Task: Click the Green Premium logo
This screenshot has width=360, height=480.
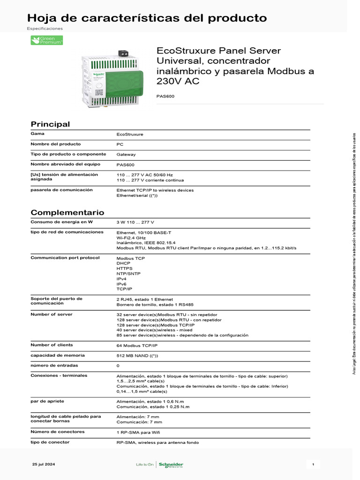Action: tap(46, 40)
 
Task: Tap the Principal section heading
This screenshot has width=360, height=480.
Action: tap(50, 124)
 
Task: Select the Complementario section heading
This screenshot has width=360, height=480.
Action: tap(67, 212)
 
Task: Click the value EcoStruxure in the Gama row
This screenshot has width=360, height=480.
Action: tap(130, 135)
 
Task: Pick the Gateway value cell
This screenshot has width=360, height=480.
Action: tap(126, 154)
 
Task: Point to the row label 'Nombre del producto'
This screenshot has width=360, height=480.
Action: tap(55, 144)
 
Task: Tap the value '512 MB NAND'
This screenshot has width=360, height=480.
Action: tap(137, 356)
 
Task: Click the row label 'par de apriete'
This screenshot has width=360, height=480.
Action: tap(47, 401)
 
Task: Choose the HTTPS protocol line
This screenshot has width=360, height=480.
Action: tap(125, 269)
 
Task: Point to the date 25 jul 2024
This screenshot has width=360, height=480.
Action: tap(44, 464)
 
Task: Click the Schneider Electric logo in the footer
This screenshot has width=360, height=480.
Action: tap(171, 465)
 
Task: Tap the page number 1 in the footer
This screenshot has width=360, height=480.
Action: tap(313, 464)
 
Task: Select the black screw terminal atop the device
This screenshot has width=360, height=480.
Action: tap(124, 53)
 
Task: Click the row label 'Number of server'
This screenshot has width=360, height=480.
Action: tap(51, 314)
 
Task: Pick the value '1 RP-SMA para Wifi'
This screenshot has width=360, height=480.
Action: tap(141, 432)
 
